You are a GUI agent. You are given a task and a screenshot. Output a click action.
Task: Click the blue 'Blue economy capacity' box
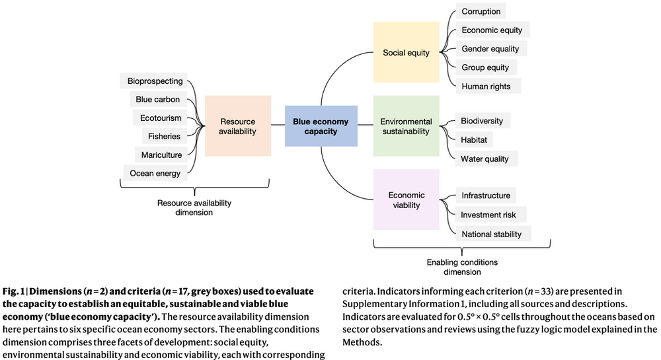click(x=321, y=126)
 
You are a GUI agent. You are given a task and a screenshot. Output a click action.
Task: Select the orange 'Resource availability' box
click(x=238, y=126)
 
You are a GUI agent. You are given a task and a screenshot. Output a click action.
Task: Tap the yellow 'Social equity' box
click(x=406, y=52)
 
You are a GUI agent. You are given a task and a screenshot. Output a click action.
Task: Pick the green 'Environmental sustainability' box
click(x=406, y=126)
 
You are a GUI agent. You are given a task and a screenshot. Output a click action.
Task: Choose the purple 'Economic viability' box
click(x=406, y=199)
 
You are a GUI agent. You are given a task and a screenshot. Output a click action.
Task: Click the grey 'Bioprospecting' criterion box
click(x=153, y=81)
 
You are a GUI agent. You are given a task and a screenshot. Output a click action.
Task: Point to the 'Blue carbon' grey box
click(x=158, y=99)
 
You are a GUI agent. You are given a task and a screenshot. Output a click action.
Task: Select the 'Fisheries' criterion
click(x=165, y=136)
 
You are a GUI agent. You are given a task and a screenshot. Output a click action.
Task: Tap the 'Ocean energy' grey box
click(x=155, y=173)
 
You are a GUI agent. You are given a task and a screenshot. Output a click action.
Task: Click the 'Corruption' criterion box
click(x=481, y=11)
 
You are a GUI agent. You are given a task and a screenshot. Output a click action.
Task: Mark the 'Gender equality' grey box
click(x=491, y=48)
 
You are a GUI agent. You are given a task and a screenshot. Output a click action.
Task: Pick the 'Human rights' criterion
click(x=488, y=87)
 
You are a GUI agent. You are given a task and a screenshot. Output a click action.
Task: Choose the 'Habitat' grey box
click(x=474, y=140)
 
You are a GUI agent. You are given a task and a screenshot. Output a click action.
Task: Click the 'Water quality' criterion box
click(x=486, y=159)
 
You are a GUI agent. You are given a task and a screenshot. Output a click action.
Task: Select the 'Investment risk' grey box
click(x=490, y=215)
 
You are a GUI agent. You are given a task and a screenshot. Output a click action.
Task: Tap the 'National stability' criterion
click(x=493, y=234)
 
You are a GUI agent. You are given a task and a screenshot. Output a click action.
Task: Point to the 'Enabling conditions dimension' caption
click(x=462, y=267)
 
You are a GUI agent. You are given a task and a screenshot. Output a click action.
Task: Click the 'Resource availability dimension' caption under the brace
click(x=194, y=207)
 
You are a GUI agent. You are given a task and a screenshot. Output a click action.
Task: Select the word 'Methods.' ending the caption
click(x=362, y=342)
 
